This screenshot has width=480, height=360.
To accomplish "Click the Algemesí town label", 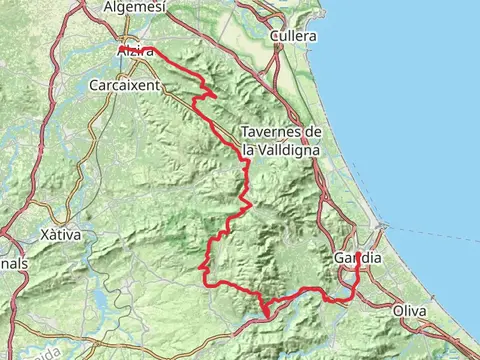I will [134, 7].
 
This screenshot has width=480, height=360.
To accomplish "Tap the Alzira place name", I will [136, 51].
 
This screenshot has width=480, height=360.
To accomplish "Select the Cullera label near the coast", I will [293, 36].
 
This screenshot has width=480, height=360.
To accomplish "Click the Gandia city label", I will [358, 258].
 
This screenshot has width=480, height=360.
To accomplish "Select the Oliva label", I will [410, 312].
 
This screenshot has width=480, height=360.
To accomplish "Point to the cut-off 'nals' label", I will [14, 263].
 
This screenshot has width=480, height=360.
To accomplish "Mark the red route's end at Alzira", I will [120, 49].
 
